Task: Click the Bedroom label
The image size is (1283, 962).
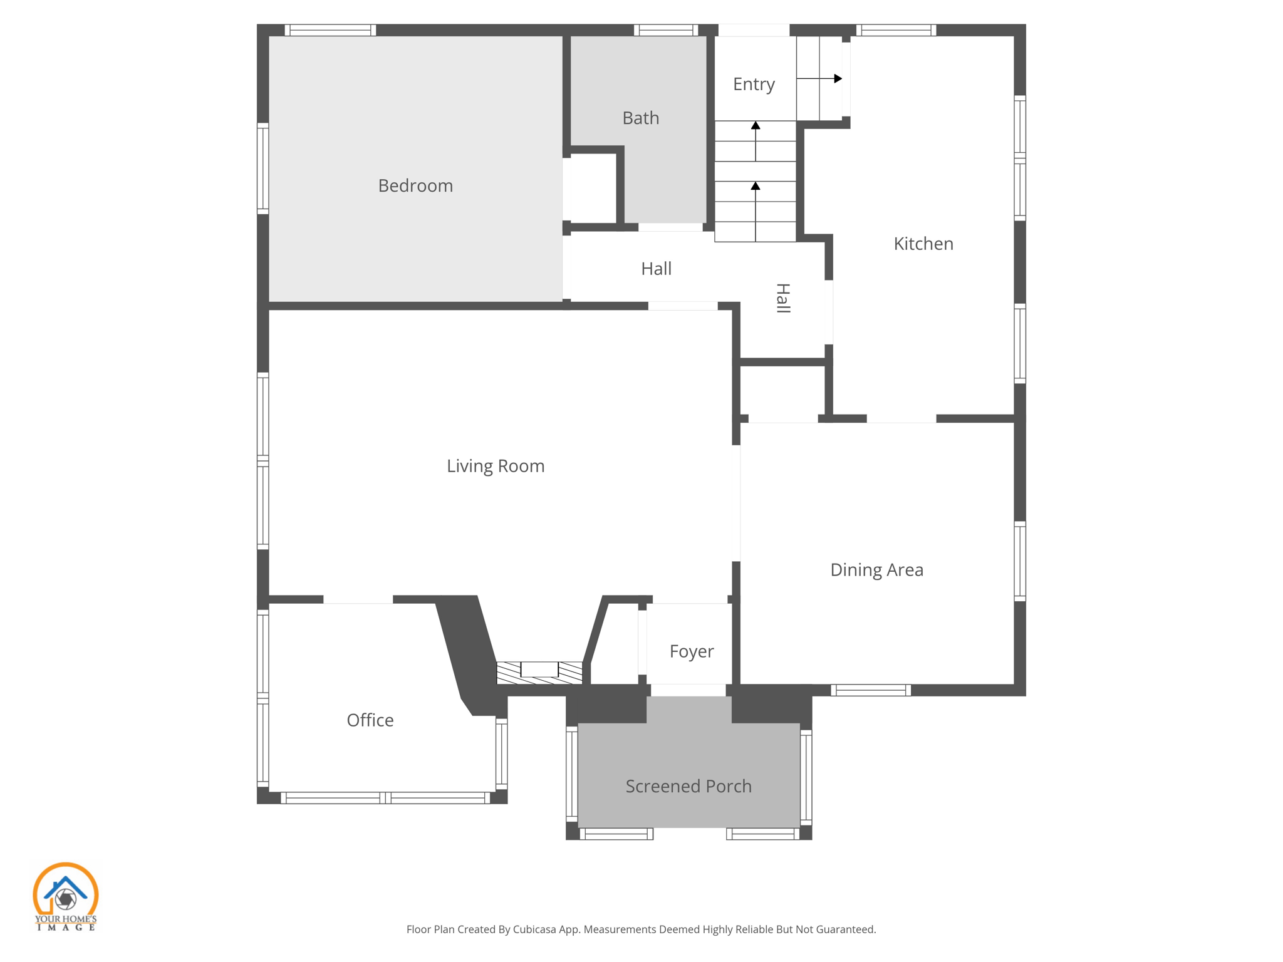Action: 415,186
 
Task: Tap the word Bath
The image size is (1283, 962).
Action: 640,118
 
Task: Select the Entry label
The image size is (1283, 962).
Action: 754,85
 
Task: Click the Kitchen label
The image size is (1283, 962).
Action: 923,244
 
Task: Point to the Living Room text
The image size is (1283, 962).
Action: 495,467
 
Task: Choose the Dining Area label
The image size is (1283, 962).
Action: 876,570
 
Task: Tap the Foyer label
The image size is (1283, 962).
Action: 691,652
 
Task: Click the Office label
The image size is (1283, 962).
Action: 370,720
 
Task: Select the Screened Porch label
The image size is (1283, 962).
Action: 688,787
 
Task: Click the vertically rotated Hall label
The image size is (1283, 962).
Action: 783,298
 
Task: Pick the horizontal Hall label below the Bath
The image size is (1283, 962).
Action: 656,269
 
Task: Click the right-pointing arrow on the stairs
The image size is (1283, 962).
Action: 837,78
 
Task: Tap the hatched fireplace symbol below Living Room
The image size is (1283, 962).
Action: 539,672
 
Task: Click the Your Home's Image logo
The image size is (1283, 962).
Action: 65,896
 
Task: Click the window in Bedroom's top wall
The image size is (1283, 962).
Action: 330,30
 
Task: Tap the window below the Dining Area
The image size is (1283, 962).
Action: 870,690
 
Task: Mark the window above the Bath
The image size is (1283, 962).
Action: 665,30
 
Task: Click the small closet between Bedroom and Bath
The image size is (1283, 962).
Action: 593,188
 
